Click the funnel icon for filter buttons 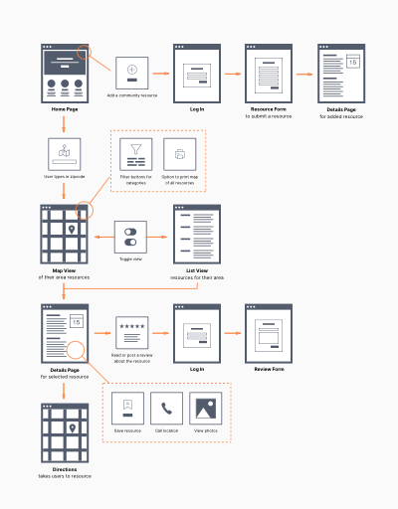coord(135,155)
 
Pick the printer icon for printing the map coord(180,155)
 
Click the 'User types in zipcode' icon coord(65,154)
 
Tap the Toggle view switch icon coord(130,237)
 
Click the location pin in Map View coord(71,231)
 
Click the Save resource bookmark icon coord(126,408)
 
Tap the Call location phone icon coord(165,408)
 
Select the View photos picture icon coord(204,408)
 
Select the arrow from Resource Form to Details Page coord(305,73)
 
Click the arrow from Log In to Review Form coord(231,334)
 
